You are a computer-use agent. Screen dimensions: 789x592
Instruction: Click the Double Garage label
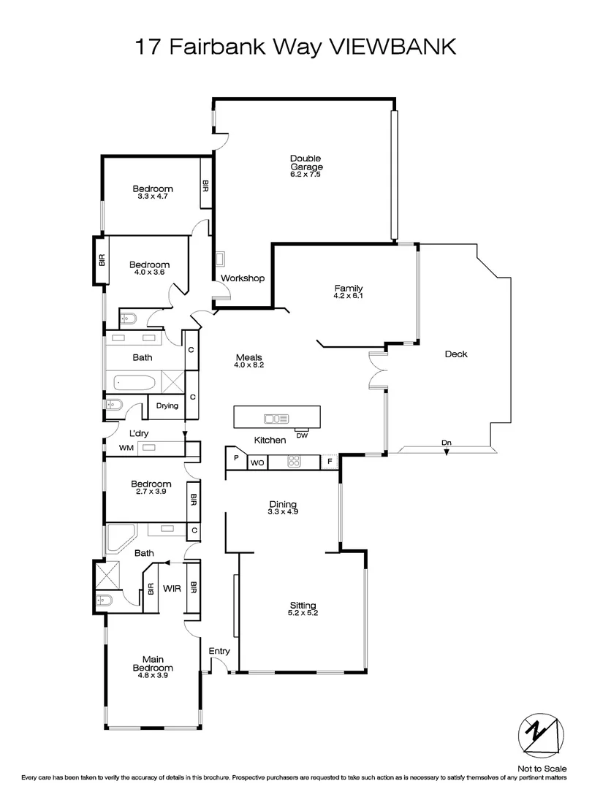(x=306, y=163)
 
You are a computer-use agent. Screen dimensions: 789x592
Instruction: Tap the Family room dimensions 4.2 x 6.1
(x=348, y=297)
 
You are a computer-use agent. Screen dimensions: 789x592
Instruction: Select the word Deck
(x=456, y=354)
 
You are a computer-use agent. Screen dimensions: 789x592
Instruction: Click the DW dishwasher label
(x=302, y=436)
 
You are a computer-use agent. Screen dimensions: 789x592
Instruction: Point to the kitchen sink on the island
(x=276, y=419)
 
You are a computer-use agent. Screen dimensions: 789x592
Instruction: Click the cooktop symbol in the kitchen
(x=294, y=462)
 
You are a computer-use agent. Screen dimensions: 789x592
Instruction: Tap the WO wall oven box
(x=257, y=462)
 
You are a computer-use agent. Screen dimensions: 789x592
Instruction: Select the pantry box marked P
(x=236, y=459)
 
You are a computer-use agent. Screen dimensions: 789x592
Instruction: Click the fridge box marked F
(x=330, y=462)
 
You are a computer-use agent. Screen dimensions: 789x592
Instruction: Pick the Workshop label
(x=242, y=278)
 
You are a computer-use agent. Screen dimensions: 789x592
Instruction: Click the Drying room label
(x=167, y=406)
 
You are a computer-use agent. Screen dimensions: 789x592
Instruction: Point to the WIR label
(x=172, y=587)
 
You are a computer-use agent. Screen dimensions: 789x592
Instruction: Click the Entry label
(x=219, y=651)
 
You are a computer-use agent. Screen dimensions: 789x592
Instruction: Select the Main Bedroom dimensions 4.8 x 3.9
(x=153, y=676)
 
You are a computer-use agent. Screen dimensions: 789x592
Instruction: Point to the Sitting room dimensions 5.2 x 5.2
(x=303, y=613)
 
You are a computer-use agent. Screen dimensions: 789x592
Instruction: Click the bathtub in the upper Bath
(x=134, y=382)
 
